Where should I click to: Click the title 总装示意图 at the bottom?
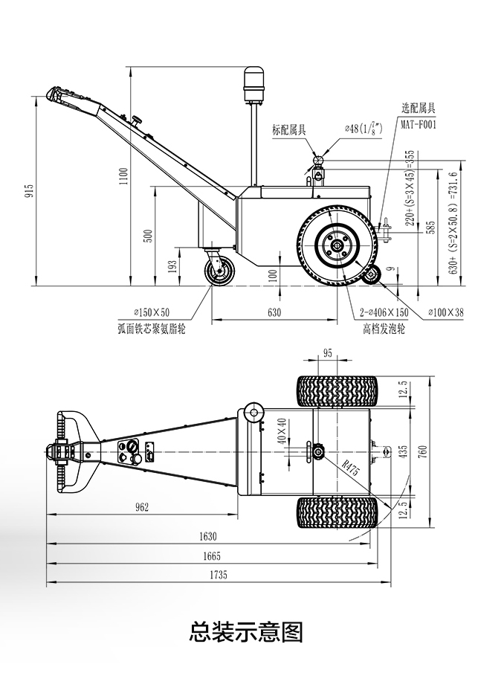point(247,632)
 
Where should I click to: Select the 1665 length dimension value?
point(212,556)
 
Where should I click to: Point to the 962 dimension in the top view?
point(142,508)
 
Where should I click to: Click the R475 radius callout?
point(351,468)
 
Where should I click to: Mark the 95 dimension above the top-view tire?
point(328,353)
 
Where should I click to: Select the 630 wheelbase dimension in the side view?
point(274,313)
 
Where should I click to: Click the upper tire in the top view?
point(337,390)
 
